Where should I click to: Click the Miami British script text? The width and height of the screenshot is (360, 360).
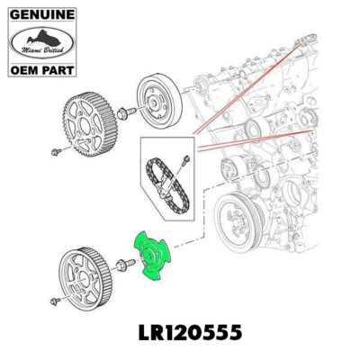[x=40, y=52]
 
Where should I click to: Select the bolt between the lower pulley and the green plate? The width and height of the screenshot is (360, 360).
[x=125, y=266]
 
